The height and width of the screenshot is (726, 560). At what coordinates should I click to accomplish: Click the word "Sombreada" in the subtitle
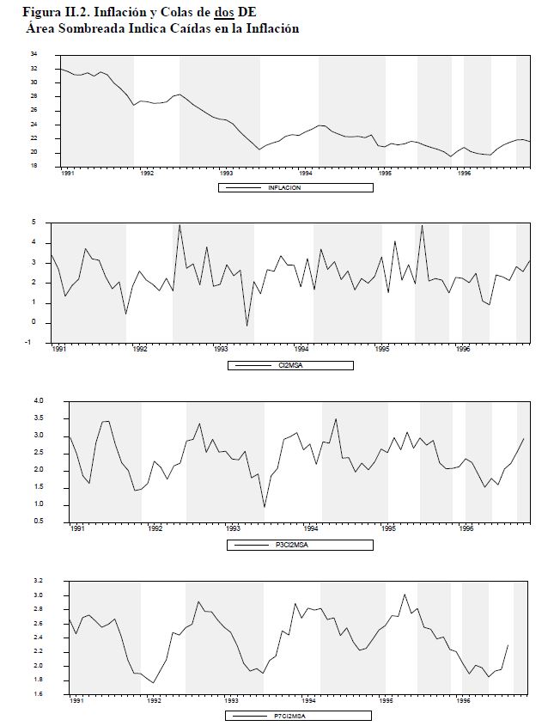point(87,27)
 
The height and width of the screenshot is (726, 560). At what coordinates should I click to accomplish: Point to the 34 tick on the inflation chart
point(33,53)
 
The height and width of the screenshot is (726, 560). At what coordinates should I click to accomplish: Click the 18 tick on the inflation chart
point(33,166)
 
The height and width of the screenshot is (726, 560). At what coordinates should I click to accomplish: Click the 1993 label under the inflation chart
point(227,173)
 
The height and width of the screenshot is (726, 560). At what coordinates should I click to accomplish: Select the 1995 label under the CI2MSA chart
point(382,350)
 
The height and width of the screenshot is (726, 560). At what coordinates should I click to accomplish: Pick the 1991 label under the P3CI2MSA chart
point(77,529)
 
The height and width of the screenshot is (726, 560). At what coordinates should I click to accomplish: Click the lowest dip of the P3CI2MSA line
point(264,507)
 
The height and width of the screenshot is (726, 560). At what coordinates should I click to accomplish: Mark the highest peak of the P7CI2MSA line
point(405,594)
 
